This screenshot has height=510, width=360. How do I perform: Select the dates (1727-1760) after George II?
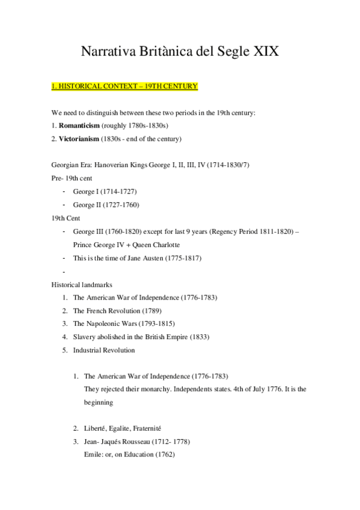click(x=123, y=204)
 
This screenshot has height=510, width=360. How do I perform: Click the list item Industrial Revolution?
click(x=104, y=350)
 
